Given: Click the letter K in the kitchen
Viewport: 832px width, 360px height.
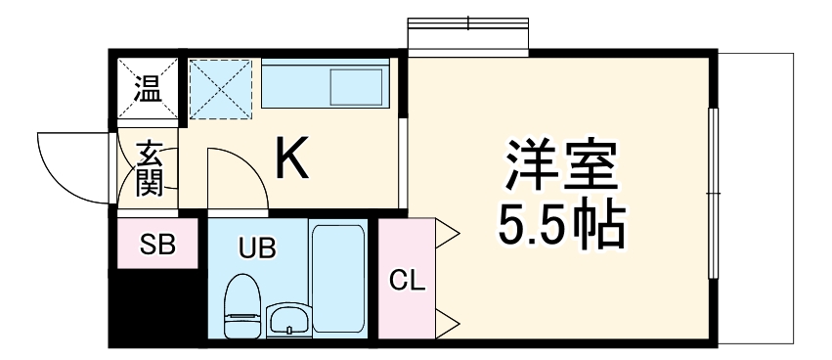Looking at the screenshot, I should click(x=291, y=159).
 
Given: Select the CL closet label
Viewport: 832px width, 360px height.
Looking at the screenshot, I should click(x=407, y=282).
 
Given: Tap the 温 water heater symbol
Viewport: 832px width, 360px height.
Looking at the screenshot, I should click(x=149, y=92).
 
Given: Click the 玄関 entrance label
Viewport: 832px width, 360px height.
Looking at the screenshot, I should click(x=149, y=168).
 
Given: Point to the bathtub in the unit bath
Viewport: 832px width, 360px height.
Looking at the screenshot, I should click(x=338, y=279).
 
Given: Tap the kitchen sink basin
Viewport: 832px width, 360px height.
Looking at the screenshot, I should click(x=358, y=87).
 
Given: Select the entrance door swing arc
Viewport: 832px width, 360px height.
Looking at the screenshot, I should click(x=68, y=166).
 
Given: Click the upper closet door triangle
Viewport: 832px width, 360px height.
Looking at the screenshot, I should click(x=447, y=234).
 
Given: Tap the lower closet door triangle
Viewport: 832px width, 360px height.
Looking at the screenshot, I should click(x=447, y=320).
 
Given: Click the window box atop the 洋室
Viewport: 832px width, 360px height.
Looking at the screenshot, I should click(x=468, y=36).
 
